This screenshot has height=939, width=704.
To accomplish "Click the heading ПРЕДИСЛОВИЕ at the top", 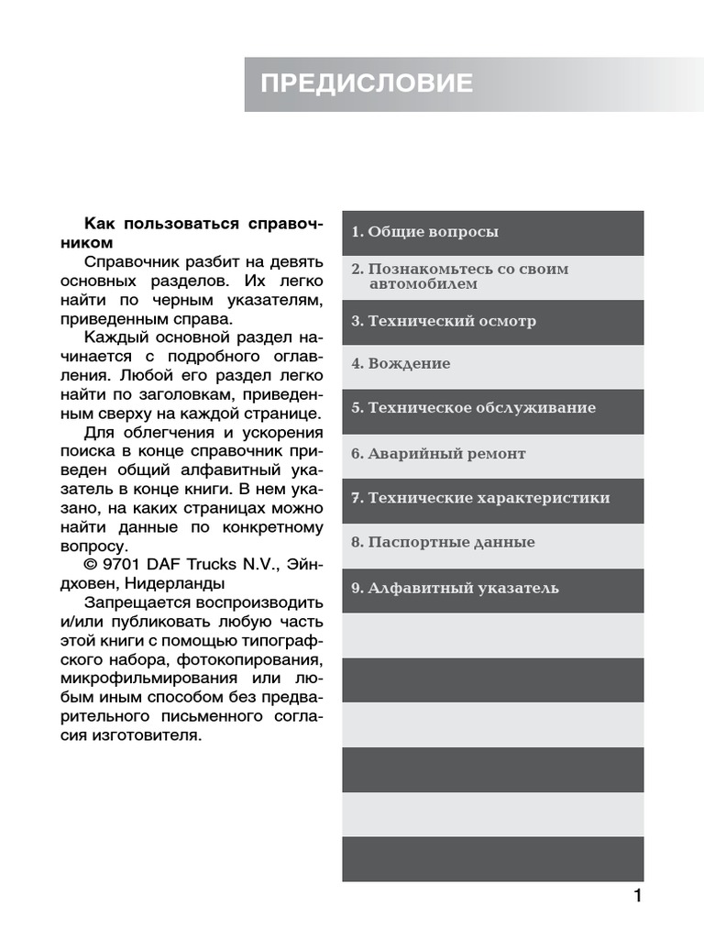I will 367,84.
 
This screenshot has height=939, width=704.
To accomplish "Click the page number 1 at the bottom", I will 638,896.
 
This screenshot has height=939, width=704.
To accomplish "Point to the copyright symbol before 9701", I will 90,564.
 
